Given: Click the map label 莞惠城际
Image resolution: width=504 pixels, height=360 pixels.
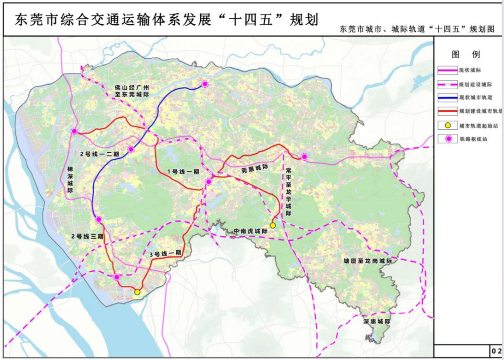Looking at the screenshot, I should pos(254,170).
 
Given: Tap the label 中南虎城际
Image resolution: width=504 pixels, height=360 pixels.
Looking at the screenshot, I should pos(251,231).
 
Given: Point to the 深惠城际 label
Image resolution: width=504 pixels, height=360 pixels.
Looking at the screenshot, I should pos(377,322).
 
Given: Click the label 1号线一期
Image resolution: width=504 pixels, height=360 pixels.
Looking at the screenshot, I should pos(183,171).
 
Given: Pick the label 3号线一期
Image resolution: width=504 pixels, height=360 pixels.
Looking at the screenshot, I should pos(165,254).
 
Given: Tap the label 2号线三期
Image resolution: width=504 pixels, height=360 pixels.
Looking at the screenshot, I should pos(87,237).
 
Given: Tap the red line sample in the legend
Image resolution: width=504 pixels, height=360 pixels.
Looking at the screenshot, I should pos(447,111).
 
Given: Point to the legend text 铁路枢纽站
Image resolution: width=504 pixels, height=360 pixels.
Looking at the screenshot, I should pos(473,139).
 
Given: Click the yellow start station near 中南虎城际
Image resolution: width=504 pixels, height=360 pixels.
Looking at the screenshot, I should pos(273,226).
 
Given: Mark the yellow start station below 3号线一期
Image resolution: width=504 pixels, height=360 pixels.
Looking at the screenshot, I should pos(137,292).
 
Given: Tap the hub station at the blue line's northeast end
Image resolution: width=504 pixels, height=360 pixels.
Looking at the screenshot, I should pos(204,84).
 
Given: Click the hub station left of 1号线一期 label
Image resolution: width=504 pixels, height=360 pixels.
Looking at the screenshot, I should pos(131,149).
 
